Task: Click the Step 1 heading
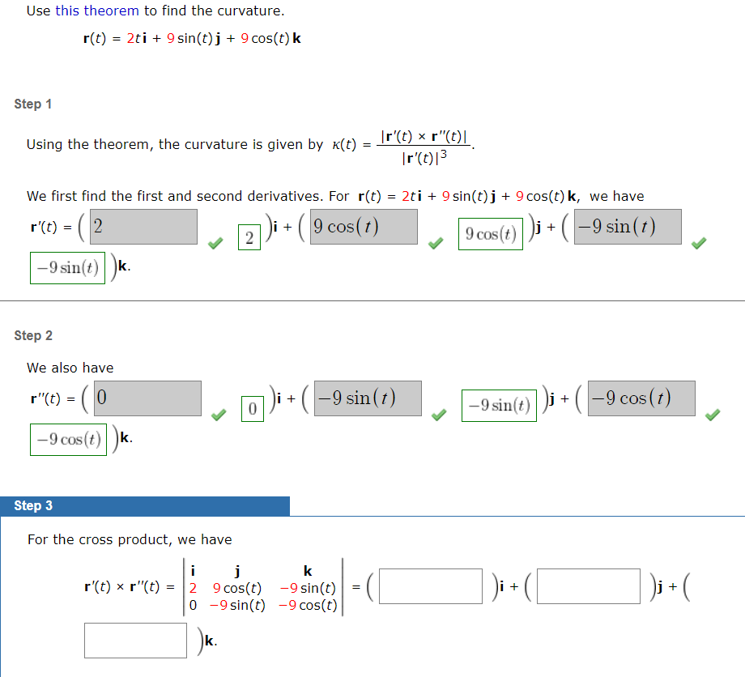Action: point(33,104)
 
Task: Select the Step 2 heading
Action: point(33,335)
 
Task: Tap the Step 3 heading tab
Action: point(33,506)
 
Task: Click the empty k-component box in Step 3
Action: point(136,640)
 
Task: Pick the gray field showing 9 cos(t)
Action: point(364,227)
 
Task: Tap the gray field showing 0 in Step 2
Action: point(147,398)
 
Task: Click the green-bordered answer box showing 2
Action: point(249,237)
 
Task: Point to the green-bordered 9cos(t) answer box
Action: point(491,235)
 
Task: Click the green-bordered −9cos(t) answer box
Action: point(69,440)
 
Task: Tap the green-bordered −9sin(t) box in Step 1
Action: point(69,268)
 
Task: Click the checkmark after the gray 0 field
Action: point(216,415)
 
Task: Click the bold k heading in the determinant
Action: point(308,571)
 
